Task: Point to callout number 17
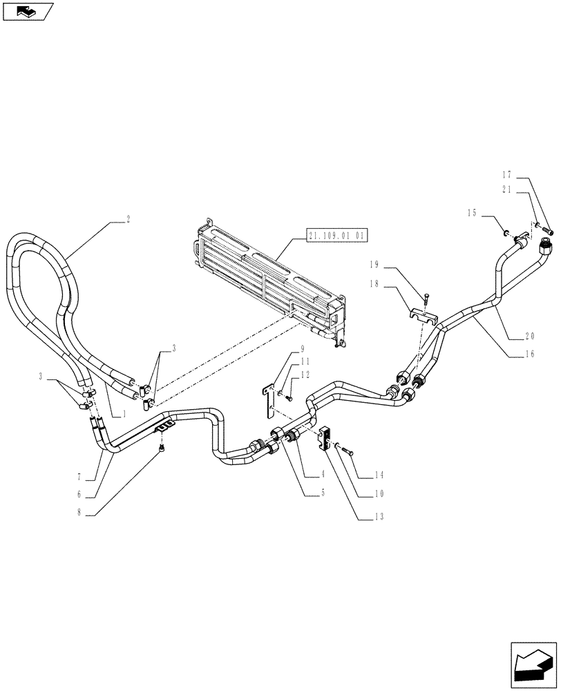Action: [506, 176]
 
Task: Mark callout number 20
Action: [529, 337]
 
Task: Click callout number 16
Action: [529, 354]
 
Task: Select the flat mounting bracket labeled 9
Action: [267, 401]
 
